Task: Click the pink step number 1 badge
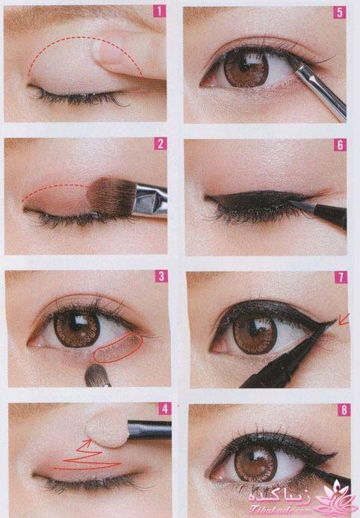160,11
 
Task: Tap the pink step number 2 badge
161,144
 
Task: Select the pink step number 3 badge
161,276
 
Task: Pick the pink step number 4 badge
165,409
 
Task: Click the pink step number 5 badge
340,13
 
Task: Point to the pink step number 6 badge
340,145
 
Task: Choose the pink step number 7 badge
341,277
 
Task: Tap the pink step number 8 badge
344,410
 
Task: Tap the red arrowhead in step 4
87,443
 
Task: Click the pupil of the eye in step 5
246,67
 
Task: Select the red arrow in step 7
344,319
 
